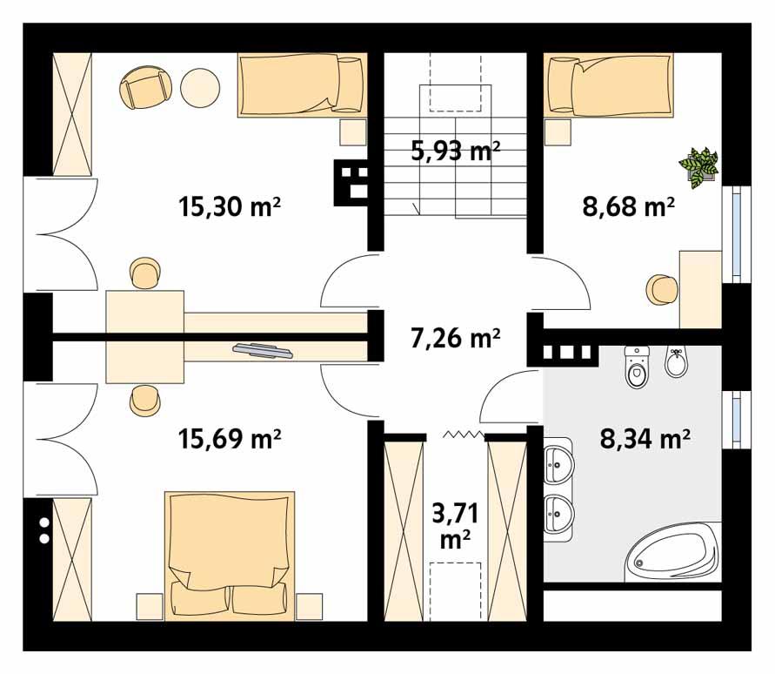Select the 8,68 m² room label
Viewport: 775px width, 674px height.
click(628, 207)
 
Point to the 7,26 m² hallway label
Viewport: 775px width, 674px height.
click(455, 336)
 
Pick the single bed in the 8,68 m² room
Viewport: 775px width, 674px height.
click(609, 84)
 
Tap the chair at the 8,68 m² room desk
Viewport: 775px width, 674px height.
click(662, 289)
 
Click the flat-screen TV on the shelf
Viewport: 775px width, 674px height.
click(263, 350)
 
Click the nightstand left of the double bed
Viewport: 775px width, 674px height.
click(150, 606)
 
